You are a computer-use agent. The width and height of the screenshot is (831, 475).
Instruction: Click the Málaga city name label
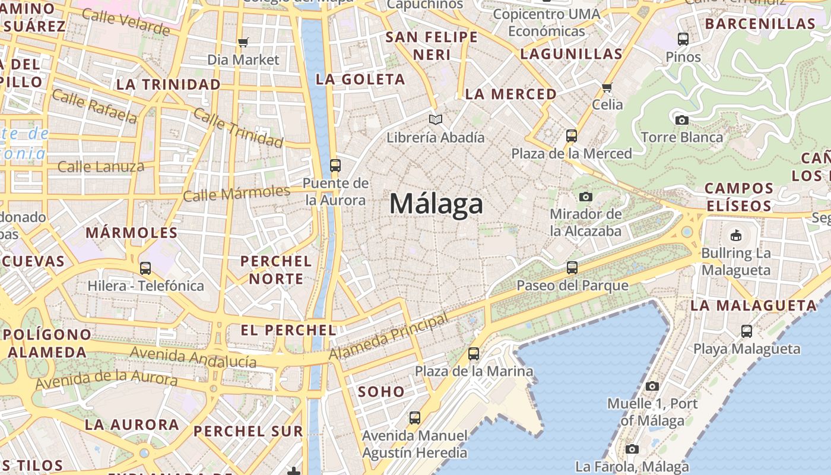(x=436, y=204)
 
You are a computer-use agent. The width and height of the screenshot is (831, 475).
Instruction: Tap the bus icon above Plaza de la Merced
(x=572, y=136)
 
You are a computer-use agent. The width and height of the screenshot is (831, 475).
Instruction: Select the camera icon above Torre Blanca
(x=682, y=120)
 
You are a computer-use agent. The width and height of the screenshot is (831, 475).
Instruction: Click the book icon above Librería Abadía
(x=436, y=120)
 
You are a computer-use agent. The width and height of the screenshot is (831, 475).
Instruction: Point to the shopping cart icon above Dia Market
(x=243, y=42)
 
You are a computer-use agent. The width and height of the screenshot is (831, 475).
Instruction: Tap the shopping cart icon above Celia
(x=607, y=88)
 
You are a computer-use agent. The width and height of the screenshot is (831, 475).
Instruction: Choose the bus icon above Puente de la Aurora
(x=335, y=166)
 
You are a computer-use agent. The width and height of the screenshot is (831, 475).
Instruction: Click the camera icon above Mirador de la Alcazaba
(x=586, y=197)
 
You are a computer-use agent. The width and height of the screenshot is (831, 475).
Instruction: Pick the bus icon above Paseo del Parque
(x=572, y=268)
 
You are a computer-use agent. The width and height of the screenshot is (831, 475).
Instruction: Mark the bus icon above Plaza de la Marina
(x=474, y=354)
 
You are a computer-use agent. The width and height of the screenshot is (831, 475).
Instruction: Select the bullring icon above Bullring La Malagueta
(x=736, y=235)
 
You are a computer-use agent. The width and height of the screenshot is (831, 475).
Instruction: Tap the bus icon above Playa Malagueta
(x=747, y=331)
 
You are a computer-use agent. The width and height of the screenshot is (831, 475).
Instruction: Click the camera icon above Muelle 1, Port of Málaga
(x=652, y=386)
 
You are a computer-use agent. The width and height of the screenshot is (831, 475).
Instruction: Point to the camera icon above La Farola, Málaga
(x=632, y=449)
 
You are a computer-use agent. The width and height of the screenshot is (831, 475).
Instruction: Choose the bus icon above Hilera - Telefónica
(x=145, y=268)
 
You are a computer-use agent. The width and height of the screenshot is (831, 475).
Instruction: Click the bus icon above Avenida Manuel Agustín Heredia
(x=415, y=418)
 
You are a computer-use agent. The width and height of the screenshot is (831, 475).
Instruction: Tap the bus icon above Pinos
(x=683, y=40)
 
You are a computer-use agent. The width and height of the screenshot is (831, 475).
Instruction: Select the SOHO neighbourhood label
(x=381, y=392)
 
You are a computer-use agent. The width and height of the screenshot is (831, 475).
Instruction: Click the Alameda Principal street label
(x=389, y=337)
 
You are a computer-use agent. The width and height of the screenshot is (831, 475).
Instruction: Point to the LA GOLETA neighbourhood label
(x=360, y=79)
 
